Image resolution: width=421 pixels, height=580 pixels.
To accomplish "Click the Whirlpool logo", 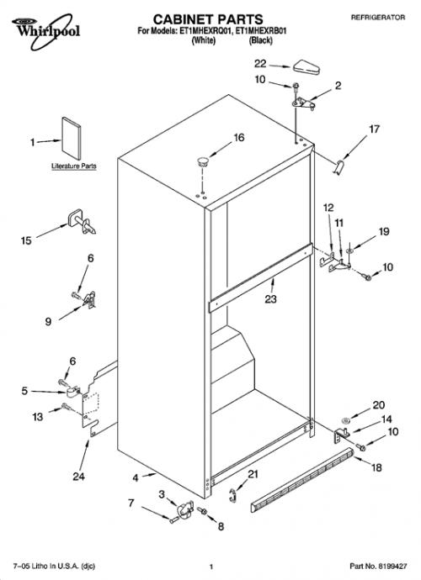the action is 45,31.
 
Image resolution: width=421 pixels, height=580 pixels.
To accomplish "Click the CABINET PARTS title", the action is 208,19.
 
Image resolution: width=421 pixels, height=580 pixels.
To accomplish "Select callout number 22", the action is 260,64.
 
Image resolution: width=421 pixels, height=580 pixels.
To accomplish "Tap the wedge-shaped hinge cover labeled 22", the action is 306,67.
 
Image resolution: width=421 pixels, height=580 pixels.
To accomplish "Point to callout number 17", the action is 375,129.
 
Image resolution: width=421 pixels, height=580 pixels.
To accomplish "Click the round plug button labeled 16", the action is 202,161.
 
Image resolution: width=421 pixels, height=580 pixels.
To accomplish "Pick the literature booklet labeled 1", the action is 72,138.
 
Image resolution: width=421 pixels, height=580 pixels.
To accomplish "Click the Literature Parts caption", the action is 74,166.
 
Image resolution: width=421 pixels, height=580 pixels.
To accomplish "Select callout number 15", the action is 26,240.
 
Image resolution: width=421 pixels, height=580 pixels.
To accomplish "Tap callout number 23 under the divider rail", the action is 270,298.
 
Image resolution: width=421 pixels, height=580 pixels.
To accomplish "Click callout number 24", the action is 78,477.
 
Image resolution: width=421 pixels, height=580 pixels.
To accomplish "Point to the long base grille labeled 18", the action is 302,480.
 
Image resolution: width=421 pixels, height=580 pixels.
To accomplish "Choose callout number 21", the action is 253,474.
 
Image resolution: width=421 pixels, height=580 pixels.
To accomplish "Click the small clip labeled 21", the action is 232,495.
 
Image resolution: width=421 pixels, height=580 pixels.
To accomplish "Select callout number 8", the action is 221,526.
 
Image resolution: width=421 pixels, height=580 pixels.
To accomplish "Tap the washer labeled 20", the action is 345,420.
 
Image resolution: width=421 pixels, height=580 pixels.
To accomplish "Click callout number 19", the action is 384,231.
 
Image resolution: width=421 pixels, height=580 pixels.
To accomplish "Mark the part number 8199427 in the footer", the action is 392,567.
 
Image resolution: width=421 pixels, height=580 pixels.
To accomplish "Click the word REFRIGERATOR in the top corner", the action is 378,18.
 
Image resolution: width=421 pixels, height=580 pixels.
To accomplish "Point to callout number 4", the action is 136,478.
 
